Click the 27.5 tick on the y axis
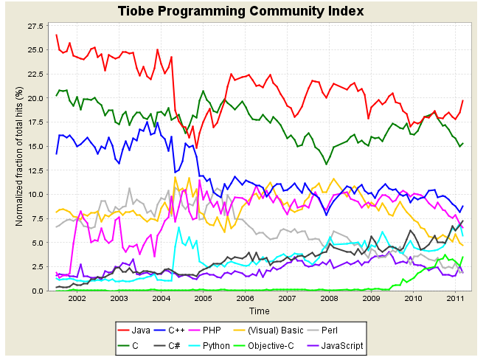point(35,27)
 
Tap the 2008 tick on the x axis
point(330,299)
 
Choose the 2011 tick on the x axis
point(456,299)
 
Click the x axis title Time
point(259,311)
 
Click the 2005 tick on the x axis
point(203,299)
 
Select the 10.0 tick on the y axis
point(35,195)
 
